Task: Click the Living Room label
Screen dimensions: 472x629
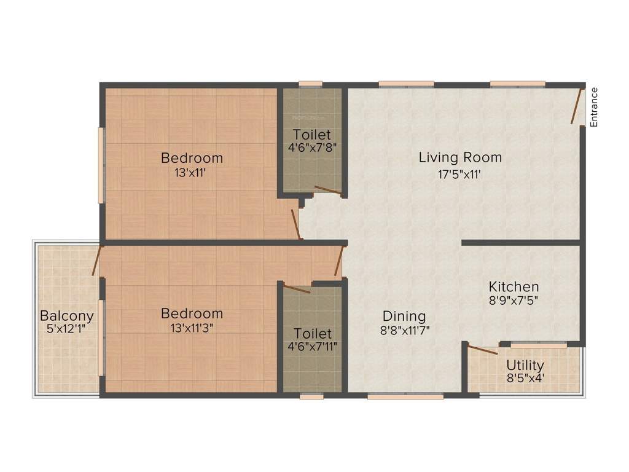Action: [x=460, y=157]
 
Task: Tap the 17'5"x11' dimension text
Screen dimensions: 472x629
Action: [x=459, y=174]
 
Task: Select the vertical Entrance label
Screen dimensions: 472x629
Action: [x=594, y=108]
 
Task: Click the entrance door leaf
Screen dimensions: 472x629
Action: [x=577, y=106]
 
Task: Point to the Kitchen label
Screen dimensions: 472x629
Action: [x=514, y=286]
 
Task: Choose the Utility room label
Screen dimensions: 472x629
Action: [x=525, y=365]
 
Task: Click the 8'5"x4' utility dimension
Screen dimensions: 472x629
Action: [x=525, y=378]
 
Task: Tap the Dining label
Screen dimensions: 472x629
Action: [x=404, y=316]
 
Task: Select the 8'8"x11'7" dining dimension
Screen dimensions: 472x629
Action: [x=404, y=330]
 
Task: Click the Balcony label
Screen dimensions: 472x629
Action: [x=67, y=316]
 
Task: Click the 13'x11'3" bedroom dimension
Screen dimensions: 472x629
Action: [x=192, y=328]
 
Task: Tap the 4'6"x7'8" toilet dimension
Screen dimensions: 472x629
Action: [x=312, y=147]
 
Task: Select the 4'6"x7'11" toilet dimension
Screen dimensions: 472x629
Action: [x=312, y=347]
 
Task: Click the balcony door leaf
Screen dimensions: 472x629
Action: [x=96, y=261]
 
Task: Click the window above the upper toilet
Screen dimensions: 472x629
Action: [x=311, y=84]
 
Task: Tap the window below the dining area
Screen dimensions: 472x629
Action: [x=405, y=396]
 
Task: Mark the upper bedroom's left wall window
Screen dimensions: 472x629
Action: [x=101, y=165]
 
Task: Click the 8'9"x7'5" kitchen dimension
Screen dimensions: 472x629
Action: [x=514, y=301]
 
